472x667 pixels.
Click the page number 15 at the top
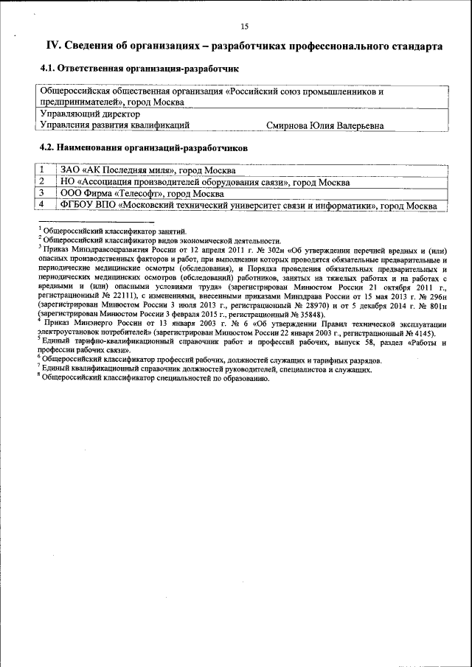244,27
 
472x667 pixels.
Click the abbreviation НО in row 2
68,181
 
